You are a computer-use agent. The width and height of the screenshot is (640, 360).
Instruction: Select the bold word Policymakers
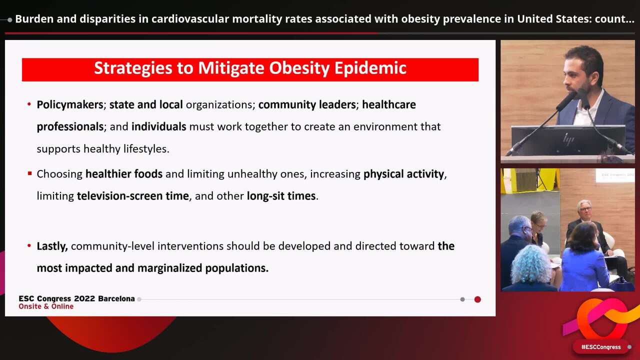pyautogui.click(x=69, y=104)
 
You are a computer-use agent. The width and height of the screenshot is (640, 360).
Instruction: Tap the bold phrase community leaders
pyautogui.click(x=306, y=104)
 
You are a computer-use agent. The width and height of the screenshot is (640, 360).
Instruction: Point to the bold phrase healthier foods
pyautogui.click(x=123, y=174)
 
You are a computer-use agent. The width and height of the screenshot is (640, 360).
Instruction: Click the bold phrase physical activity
pyautogui.click(x=403, y=174)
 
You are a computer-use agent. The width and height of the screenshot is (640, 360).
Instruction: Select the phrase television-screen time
pyautogui.click(x=132, y=196)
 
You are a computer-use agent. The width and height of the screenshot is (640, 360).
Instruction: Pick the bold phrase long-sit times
pyautogui.click(x=281, y=196)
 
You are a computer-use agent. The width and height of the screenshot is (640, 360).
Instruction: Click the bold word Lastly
pyautogui.click(x=52, y=246)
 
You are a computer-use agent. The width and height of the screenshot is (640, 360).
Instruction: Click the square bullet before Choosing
pyautogui.click(x=29, y=174)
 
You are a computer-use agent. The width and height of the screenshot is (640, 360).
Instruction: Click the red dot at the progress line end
pyautogui.click(x=477, y=299)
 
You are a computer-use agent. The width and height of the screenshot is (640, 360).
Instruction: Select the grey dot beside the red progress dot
pyautogui.click(x=462, y=299)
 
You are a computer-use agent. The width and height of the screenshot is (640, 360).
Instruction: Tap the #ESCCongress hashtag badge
pyautogui.click(x=600, y=347)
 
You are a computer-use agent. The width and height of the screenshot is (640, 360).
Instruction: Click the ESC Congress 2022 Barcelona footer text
pyautogui.click(x=76, y=298)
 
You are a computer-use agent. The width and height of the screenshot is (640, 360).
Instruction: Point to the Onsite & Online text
pyautogui.click(x=46, y=306)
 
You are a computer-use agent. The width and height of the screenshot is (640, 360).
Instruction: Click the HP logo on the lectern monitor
pyautogui.click(x=568, y=138)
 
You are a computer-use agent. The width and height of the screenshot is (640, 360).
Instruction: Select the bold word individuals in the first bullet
pyautogui.click(x=158, y=126)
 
